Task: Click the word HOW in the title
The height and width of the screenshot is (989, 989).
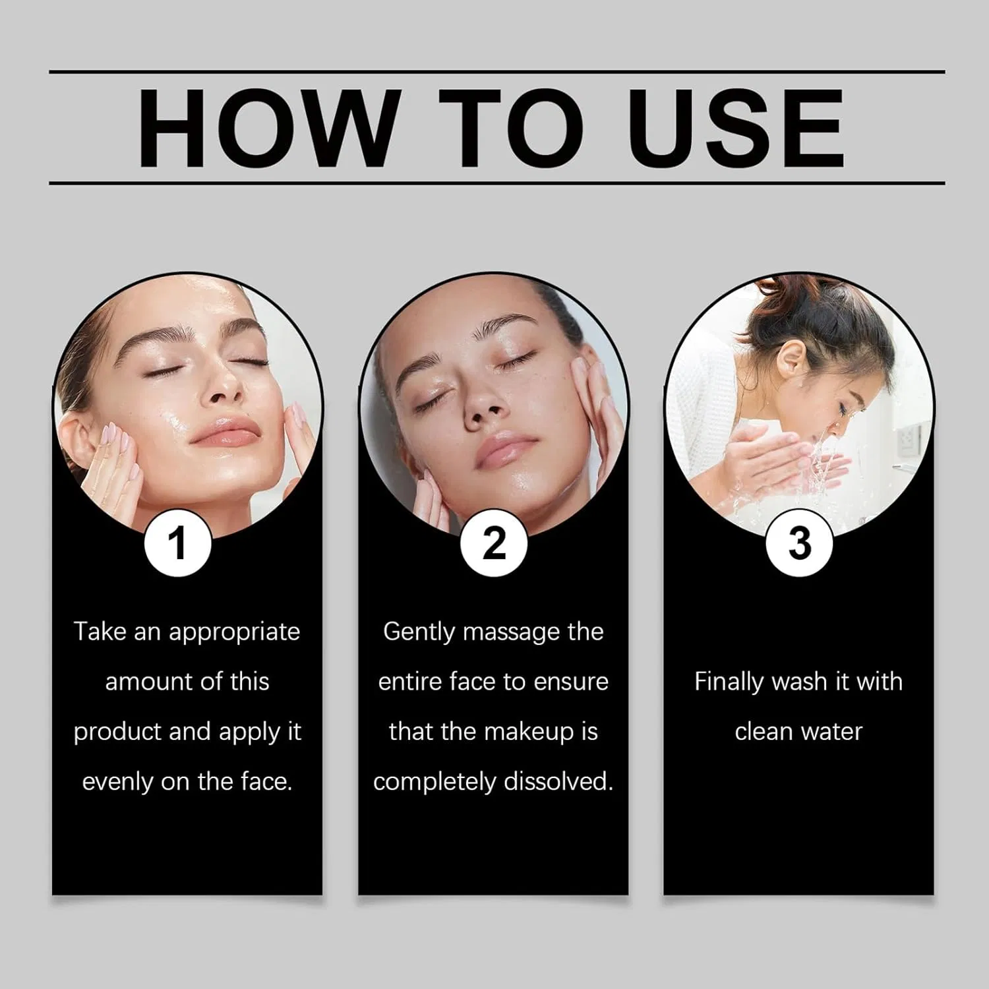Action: [x=269, y=128]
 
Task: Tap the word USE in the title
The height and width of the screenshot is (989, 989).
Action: [x=736, y=128]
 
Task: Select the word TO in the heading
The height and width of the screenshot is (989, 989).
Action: [x=512, y=128]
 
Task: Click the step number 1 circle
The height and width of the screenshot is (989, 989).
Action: [x=177, y=543]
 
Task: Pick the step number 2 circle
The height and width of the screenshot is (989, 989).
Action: [x=494, y=543]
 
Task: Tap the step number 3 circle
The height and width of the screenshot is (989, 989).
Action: [x=799, y=543]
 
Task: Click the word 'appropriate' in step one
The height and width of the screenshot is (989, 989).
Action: [x=235, y=633]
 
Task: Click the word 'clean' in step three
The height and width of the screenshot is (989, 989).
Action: [x=760, y=732]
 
